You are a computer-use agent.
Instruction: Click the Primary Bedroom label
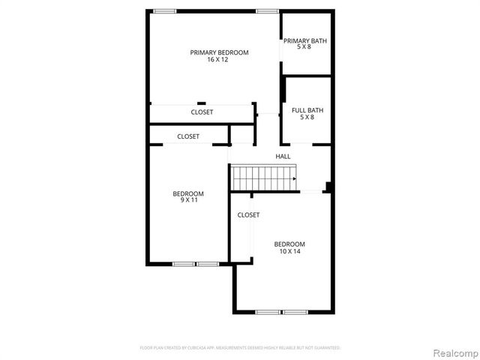(219, 52)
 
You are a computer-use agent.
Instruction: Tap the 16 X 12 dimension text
(218, 60)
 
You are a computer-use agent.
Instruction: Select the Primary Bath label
(304, 41)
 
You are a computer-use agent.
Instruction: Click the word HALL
(283, 156)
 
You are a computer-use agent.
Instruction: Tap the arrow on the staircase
(293, 179)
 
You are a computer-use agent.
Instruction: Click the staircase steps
(261, 179)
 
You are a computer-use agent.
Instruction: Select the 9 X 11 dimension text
(188, 201)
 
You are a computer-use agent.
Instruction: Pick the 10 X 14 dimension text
(289, 252)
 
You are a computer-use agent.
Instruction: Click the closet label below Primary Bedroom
(202, 112)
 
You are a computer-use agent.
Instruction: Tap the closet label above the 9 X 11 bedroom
(188, 136)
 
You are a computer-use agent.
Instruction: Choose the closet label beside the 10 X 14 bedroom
(248, 215)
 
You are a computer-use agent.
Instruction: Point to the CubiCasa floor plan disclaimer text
(240, 348)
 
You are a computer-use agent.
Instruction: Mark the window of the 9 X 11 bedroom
(195, 263)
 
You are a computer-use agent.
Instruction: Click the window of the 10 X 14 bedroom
(280, 312)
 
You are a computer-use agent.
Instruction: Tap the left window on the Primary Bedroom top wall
(164, 10)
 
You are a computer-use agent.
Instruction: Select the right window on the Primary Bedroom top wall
(267, 10)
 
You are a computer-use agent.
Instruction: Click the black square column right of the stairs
(328, 187)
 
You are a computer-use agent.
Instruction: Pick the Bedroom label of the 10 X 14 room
(289, 244)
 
